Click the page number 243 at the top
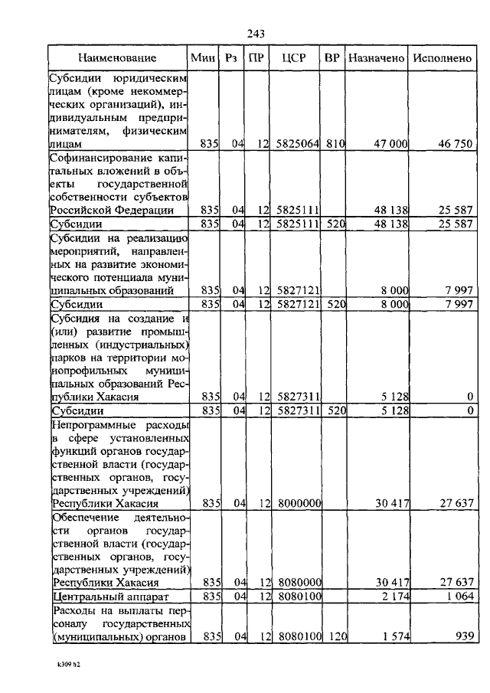tap(256, 33)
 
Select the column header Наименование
tap(117, 57)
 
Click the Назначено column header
tap(376, 57)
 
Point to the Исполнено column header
tap(442, 57)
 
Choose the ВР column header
tap(332, 57)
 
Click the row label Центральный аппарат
tap(108, 596)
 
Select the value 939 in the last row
tap(462, 636)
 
